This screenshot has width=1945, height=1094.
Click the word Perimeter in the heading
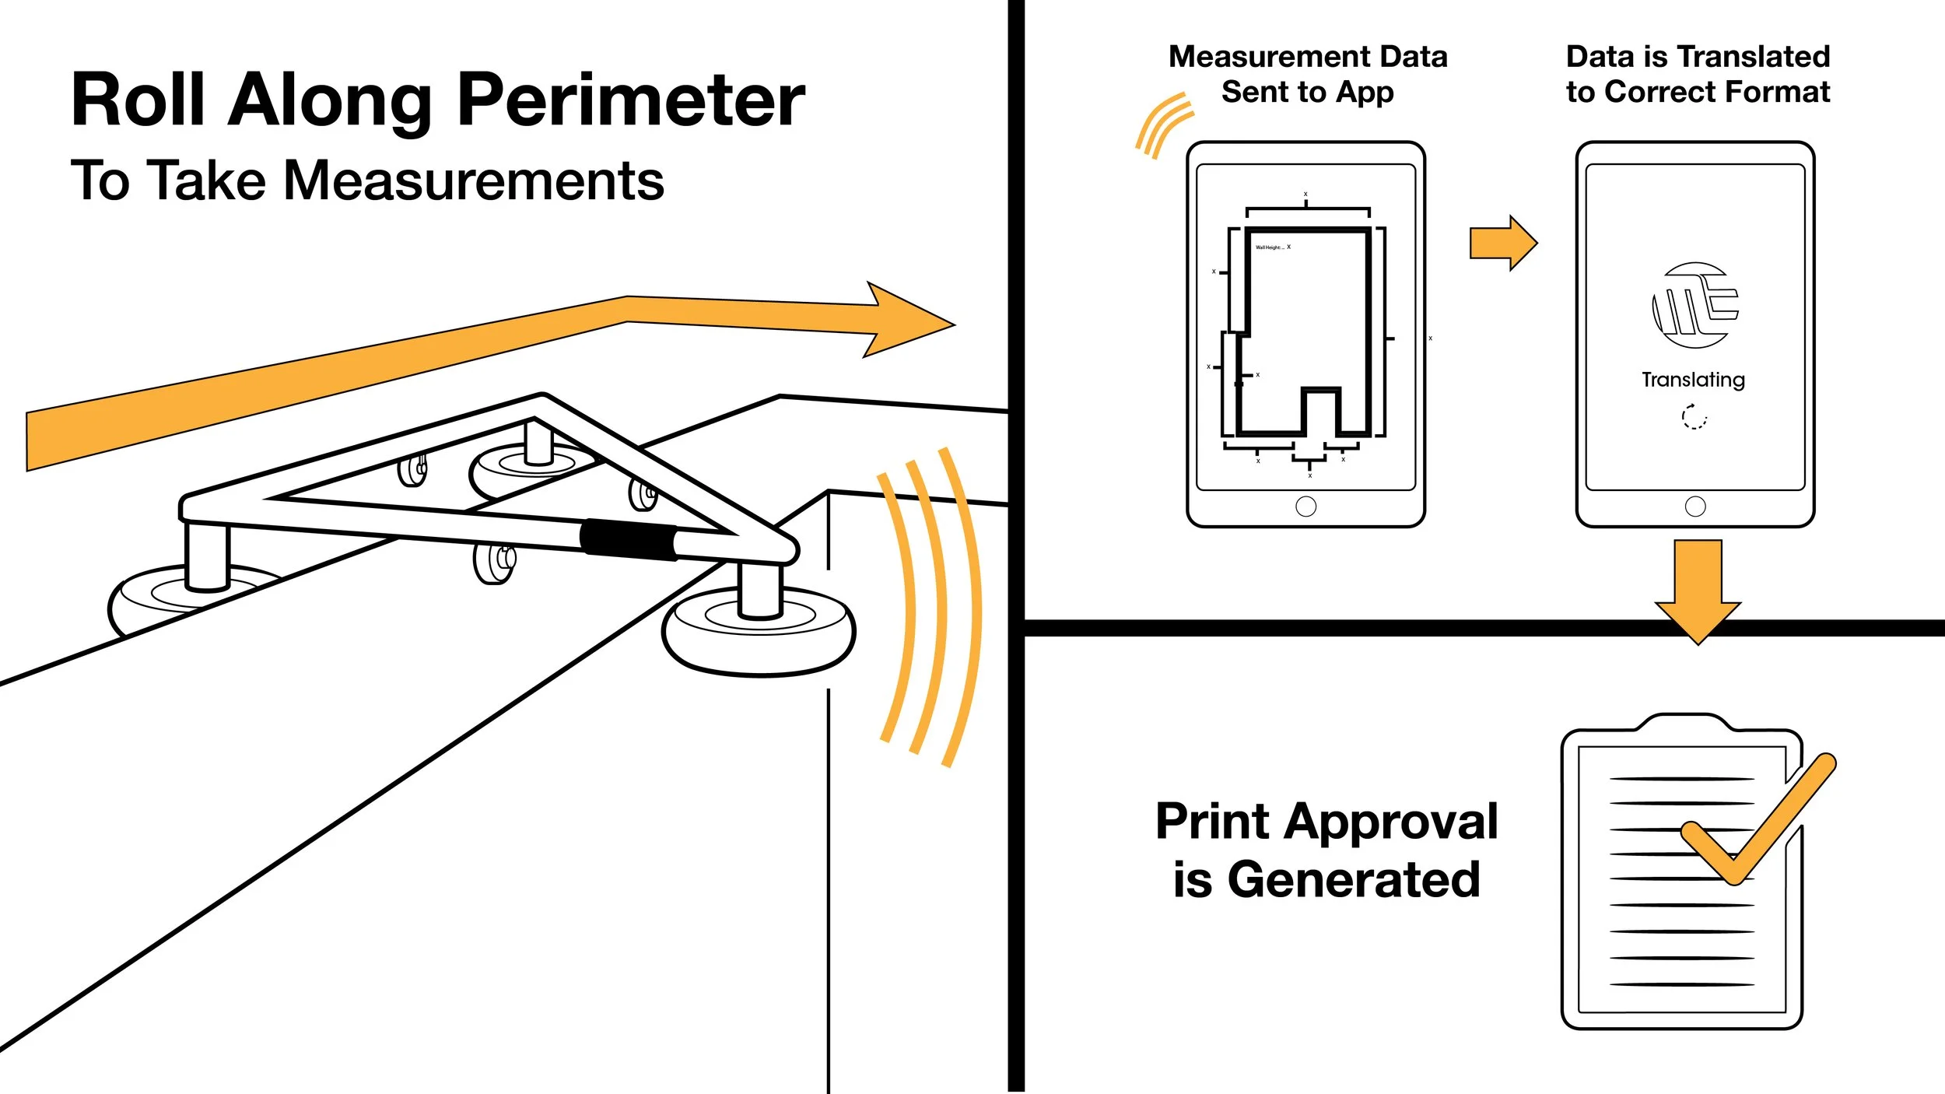point(631,101)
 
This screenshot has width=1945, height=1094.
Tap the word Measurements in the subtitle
point(474,181)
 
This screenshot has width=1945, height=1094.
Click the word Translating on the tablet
point(1693,379)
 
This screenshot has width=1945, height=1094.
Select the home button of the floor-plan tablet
point(1305,507)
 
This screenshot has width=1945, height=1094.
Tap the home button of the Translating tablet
point(1695,507)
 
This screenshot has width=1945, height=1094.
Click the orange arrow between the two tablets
point(1502,243)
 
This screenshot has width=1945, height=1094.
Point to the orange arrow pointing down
point(1698,591)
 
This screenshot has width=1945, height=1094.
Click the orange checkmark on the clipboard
point(1758,825)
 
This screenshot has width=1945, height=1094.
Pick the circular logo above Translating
point(1694,305)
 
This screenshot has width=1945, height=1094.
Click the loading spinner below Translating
point(1694,417)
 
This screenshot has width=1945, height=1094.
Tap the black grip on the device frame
point(629,538)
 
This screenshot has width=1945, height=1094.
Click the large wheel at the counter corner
point(759,630)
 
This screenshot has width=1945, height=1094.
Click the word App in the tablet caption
point(1365,93)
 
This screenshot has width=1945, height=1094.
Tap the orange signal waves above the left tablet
point(1162,124)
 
